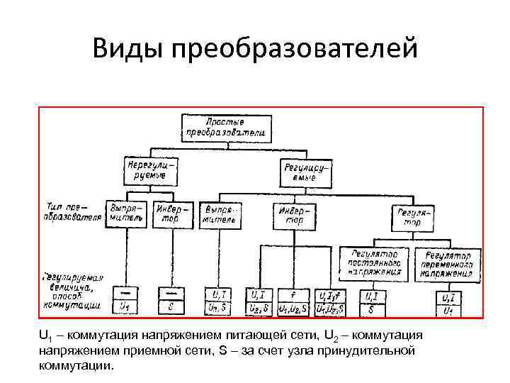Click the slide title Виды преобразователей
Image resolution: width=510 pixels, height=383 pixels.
coord(255,50)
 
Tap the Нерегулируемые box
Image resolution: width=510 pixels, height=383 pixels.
coord(150,170)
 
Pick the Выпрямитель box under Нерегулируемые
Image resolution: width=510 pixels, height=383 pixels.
coord(126,214)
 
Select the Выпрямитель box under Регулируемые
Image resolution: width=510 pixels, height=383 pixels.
coord(221,216)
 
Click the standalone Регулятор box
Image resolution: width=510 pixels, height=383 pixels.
coord(414,218)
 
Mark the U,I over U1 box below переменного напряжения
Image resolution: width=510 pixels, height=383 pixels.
coord(449,304)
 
